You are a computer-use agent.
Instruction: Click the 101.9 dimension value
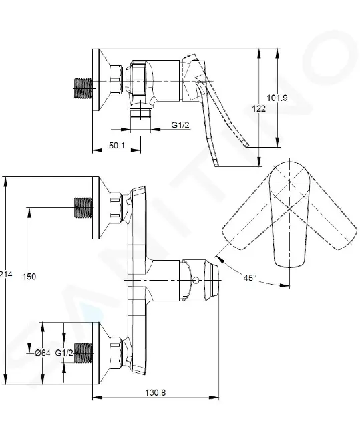(277, 98)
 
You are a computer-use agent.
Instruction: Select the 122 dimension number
(258, 108)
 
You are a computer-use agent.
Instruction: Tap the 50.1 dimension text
(117, 145)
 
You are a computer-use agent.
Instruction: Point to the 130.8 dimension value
(156, 392)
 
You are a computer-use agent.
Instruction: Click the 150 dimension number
(29, 276)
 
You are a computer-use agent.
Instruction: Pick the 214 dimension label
(6, 275)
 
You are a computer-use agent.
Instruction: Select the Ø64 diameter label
(43, 353)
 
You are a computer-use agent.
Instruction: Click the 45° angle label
(250, 277)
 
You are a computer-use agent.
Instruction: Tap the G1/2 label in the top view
(180, 125)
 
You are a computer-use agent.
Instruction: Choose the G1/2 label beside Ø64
(64, 353)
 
